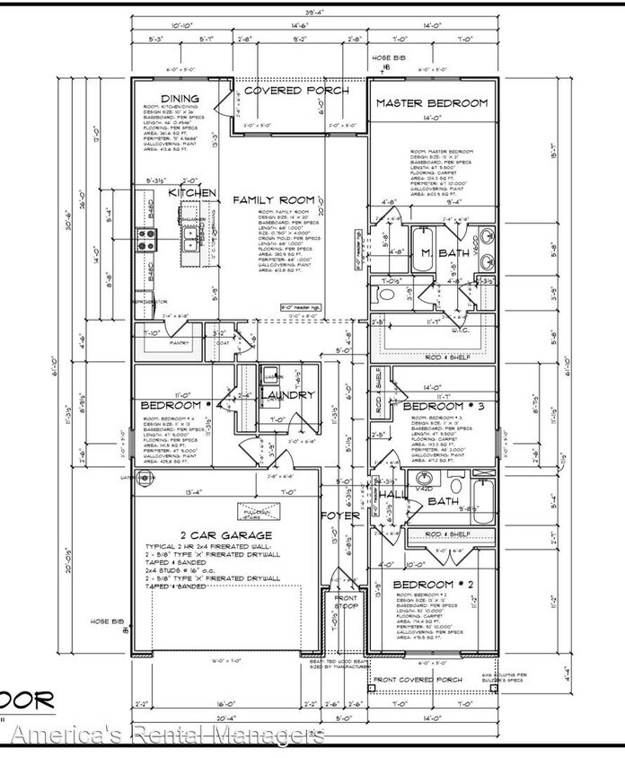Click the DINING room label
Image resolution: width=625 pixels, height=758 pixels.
180,98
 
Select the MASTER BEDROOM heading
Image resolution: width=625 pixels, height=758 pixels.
432,103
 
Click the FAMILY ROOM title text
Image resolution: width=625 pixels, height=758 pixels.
274,199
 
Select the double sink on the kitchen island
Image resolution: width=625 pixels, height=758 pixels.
190,237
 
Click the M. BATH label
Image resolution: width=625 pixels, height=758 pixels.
445,254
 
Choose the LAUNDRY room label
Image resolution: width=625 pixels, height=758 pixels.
287,394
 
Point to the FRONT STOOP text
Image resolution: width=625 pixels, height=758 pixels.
346,602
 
